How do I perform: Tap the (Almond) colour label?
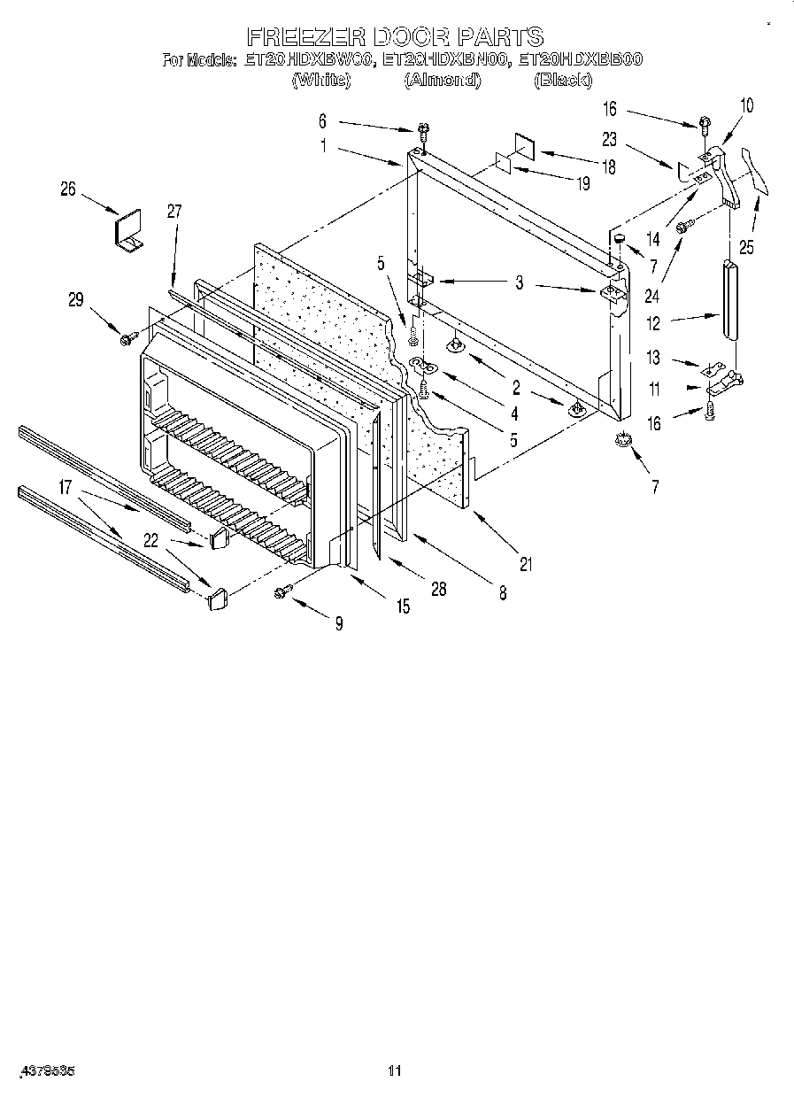point(442,81)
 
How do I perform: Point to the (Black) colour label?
point(562,81)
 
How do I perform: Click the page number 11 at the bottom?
point(395,1071)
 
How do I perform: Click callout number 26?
point(68,188)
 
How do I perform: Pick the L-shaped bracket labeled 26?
point(130,231)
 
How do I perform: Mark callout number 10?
point(746,105)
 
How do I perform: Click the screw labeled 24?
point(682,228)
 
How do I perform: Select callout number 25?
point(746,248)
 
